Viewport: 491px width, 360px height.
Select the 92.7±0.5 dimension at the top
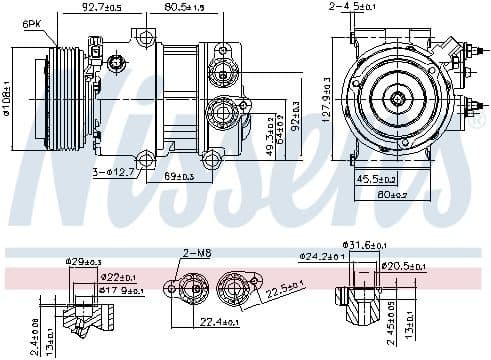pos(102,8)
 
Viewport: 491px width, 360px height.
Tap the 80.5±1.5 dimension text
pos(183,8)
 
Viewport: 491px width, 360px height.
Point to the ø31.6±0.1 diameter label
pos(367,244)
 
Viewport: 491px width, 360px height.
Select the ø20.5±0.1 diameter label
pos(406,265)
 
